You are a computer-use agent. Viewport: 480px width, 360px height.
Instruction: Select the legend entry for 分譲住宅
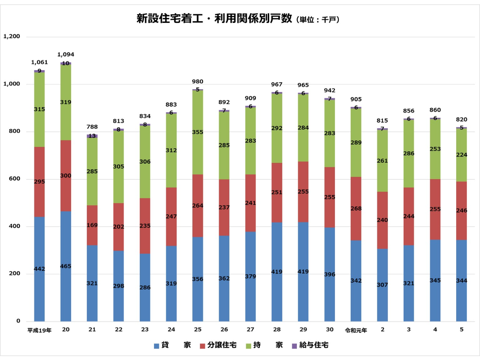pyautogui.click(x=218, y=345)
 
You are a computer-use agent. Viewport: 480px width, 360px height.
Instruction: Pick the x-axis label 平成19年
pyautogui.click(x=39, y=330)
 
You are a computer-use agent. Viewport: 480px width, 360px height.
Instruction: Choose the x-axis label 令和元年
pyautogui.click(x=356, y=330)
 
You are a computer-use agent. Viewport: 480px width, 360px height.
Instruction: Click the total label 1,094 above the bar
pyautogui.click(x=66, y=55)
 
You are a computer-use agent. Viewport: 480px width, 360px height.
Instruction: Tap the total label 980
pyautogui.click(x=198, y=82)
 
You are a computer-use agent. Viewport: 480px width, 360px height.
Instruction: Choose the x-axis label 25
pyautogui.click(x=198, y=330)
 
